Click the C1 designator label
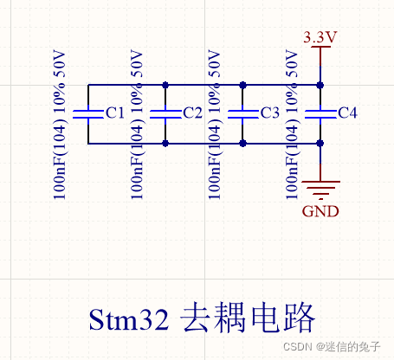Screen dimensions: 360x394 (x=115, y=113)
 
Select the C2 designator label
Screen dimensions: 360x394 (x=192, y=113)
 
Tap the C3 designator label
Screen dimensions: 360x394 (x=269, y=113)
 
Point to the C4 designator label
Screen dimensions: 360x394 (x=347, y=113)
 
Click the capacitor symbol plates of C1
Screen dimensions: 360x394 (x=87, y=113)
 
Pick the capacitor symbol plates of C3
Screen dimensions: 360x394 (x=242, y=113)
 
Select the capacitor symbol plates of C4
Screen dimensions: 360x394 (x=320, y=113)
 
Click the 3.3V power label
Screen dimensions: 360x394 (x=320, y=37)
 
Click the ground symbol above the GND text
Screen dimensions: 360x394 (x=320, y=188)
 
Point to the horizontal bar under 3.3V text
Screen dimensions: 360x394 (x=320, y=48)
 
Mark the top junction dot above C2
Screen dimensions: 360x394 (x=165, y=85)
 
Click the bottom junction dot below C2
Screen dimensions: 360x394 (x=165, y=143)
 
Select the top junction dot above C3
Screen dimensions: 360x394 (x=242, y=85)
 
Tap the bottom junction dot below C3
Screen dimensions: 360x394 (x=242, y=143)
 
